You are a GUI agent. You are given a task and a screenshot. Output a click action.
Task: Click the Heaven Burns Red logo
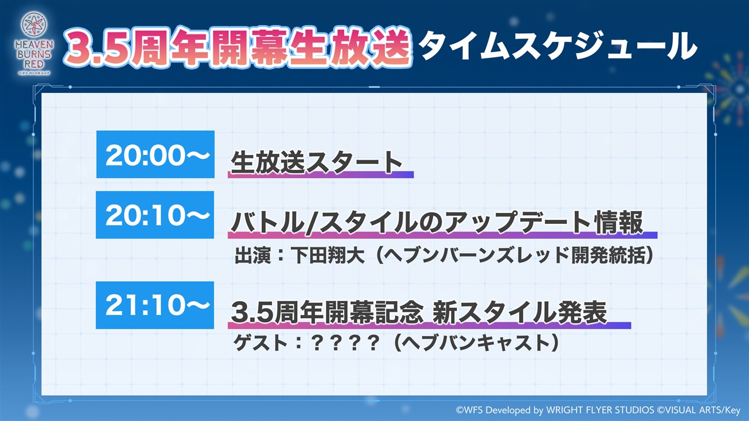(x=34, y=43)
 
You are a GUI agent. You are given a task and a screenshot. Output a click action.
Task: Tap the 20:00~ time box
(x=156, y=154)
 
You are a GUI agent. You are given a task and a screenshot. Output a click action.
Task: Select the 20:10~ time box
(x=155, y=215)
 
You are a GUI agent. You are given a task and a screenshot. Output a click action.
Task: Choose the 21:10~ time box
(x=155, y=305)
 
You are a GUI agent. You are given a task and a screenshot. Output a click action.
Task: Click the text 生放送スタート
(x=317, y=163)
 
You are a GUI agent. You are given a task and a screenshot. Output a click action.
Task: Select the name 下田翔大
(x=327, y=256)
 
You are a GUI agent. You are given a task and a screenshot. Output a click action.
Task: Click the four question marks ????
(x=345, y=343)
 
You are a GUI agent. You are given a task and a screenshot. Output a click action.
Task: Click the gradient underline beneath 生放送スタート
(x=321, y=174)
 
